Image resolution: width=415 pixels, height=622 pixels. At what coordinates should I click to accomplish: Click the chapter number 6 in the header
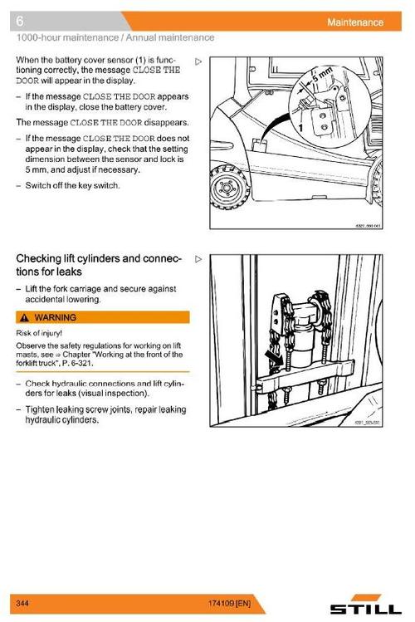19,21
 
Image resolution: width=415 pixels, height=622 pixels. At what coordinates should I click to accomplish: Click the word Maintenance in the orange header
355,22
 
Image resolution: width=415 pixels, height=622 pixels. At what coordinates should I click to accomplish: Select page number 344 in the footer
22,604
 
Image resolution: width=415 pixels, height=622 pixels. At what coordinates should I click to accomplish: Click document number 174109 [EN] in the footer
230,604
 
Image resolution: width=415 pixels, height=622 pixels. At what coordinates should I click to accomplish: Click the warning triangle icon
25,318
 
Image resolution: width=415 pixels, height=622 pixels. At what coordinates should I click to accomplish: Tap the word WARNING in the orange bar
55,318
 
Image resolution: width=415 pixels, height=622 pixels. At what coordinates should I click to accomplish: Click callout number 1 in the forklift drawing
300,127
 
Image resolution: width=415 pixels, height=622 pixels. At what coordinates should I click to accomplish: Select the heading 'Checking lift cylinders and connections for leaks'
98,265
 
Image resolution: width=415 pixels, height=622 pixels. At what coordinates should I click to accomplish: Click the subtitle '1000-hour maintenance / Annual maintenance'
115,37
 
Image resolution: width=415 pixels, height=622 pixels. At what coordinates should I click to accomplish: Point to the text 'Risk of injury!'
39,333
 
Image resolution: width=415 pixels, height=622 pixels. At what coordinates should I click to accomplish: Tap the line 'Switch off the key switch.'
72,186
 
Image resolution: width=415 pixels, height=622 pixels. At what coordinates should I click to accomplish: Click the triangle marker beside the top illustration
198,61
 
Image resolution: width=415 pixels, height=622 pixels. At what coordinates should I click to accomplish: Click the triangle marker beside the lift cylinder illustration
198,259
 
